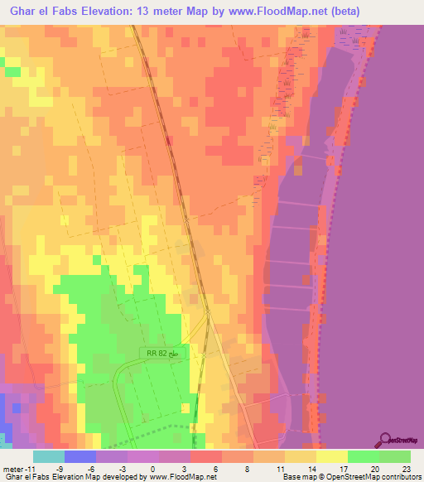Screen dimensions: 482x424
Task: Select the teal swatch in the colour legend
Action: [x=48, y=455]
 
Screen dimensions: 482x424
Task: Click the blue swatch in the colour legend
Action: [x=79, y=455]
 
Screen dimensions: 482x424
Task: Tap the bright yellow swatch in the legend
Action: [x=331, y=455]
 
